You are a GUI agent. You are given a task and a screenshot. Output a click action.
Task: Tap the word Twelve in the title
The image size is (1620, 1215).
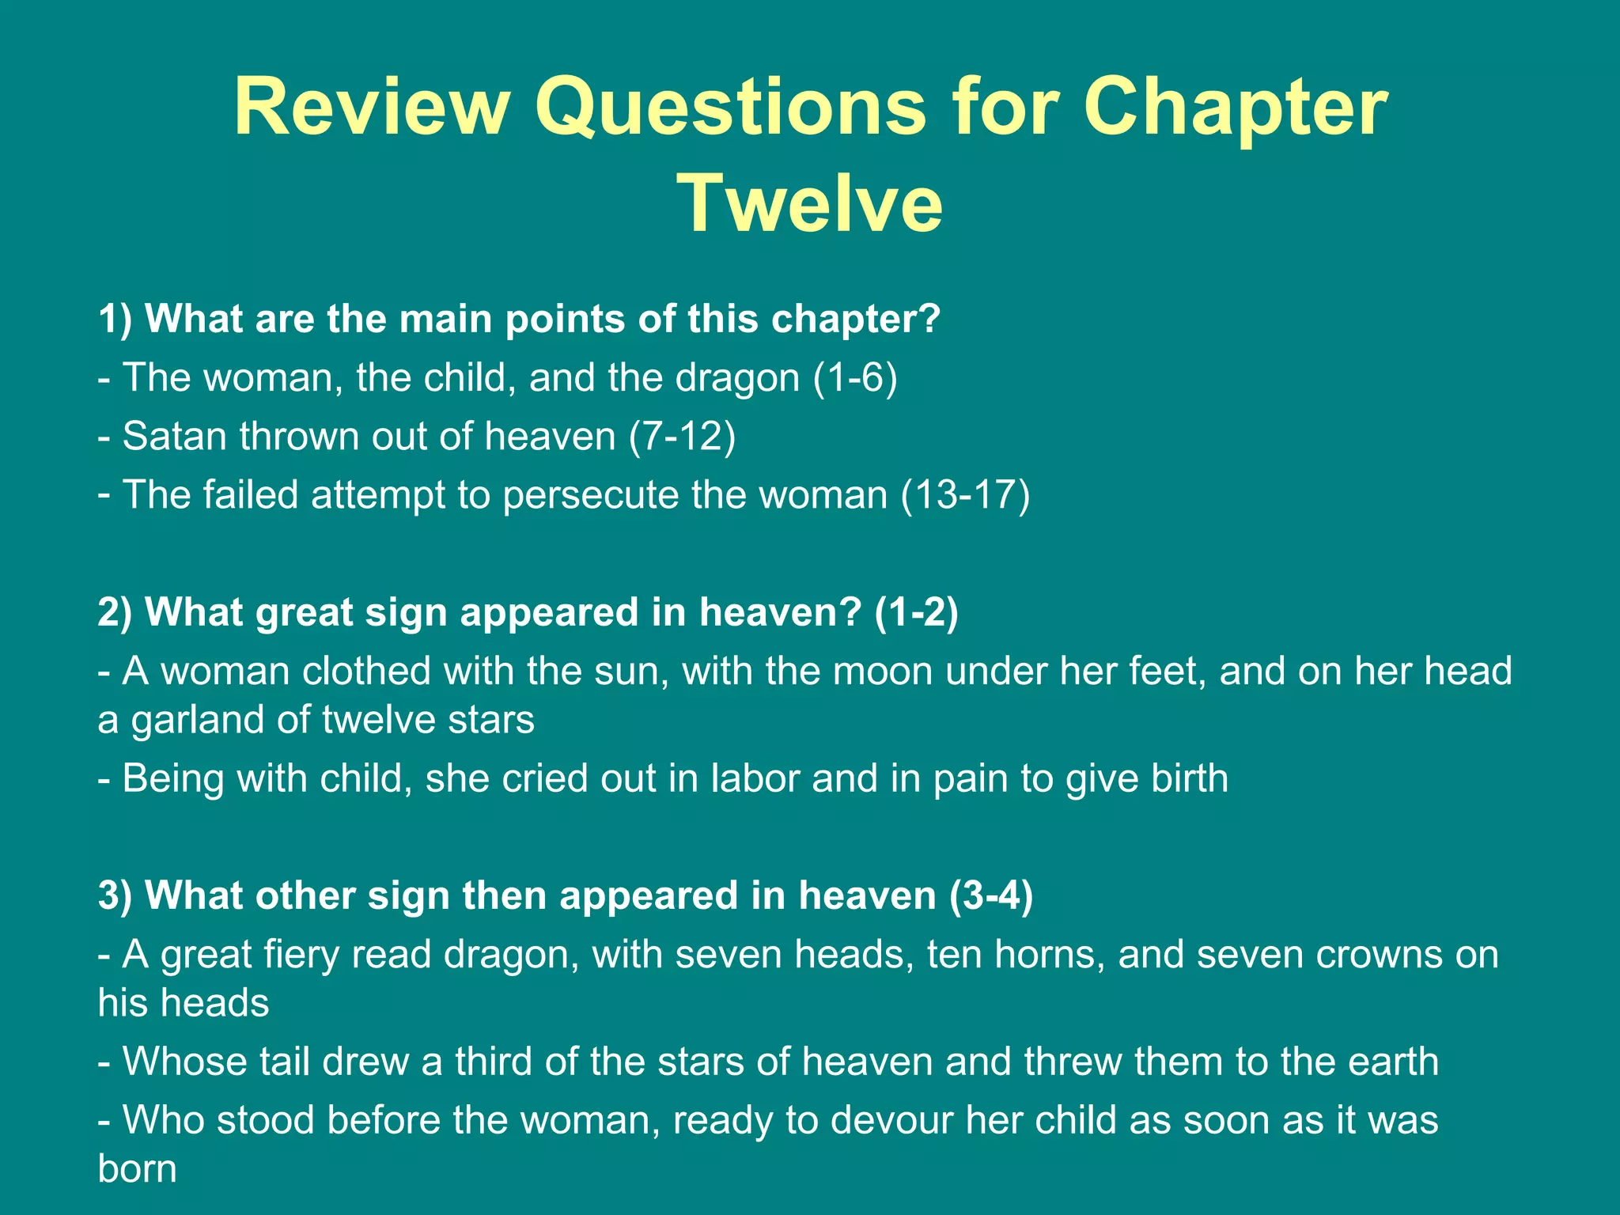pyautogui.click(x=811, y=203)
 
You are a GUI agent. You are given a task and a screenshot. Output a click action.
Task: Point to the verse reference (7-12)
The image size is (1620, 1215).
pyautogui.click(x=682, y=437)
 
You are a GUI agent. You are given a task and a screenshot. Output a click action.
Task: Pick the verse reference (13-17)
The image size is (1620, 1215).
pyautogui.click(x=965, y=495)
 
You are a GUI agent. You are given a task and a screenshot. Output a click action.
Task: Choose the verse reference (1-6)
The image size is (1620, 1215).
pyautogui.click(x=855, y=377)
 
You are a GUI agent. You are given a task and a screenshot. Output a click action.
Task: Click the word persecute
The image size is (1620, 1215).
pyautogui.click(x=589, y=496)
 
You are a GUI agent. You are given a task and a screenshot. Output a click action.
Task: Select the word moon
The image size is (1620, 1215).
pyautogui.click(x=883, y=671)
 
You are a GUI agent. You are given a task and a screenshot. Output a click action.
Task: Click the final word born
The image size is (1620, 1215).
pyautogui.click(x=137, y=1169)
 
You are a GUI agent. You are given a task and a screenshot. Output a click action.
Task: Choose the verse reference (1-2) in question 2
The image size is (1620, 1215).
pyautogui.click(x=916, y=613)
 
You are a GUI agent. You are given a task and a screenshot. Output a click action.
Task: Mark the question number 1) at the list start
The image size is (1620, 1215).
pyautogui.click(x=115, y=320)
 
